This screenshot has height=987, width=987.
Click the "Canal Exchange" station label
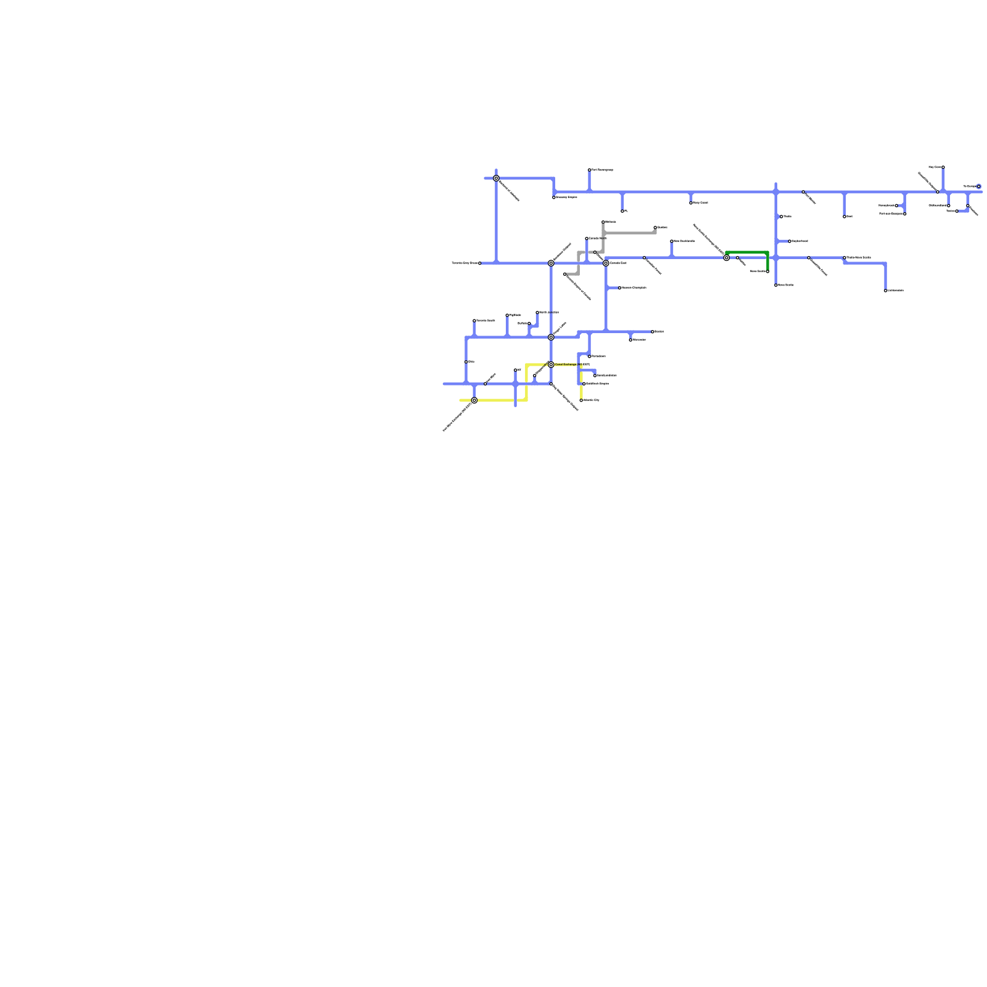(566, 365)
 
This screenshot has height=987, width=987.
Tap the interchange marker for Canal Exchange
(551, 365)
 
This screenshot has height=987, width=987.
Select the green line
(747, 252)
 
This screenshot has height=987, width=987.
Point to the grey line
(629, 233)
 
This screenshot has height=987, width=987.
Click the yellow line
(500, 400)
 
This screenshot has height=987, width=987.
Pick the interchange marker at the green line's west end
(727, 258)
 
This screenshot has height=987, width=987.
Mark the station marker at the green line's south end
(767, 271)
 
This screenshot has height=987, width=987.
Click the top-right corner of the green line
(767, 253)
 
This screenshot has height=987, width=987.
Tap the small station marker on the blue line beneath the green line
(737, 258)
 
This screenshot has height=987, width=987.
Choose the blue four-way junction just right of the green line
(776, 258)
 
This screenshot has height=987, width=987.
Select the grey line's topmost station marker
(603, 222)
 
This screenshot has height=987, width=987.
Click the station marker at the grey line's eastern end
(655, 228)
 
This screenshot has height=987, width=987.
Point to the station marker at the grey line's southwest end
(564, 274)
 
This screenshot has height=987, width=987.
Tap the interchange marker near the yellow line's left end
(474, 400)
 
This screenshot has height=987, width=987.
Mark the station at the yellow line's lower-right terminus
(581, 400)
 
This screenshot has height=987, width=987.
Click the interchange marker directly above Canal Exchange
(551, 337)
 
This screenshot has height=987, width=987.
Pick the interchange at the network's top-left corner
(496, 178)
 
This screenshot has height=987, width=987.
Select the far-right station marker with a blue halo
(978, 186)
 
